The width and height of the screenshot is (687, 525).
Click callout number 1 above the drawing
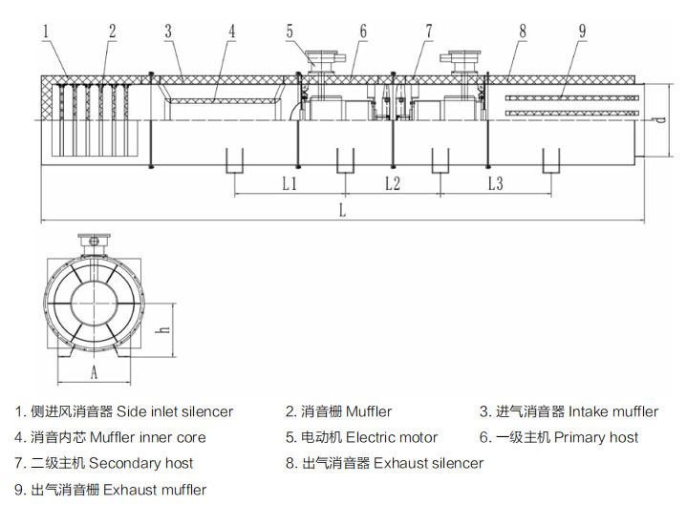click(45, 31)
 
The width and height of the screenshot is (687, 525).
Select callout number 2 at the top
click(112, 31)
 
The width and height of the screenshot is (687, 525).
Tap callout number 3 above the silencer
click(168, 31)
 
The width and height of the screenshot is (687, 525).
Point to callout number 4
click(231, 31)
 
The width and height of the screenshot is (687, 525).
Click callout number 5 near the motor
click(290, 31)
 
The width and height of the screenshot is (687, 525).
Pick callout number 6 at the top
click(363, 31)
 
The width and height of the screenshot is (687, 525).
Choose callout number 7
click(429, 31)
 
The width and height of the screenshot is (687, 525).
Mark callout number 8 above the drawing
click(523, 31)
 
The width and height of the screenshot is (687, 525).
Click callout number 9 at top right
click(582, 31)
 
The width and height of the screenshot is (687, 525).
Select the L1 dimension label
click(290, 183)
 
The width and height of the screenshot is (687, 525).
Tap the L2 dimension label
click(392, 183)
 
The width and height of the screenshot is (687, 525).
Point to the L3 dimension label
click(494, 183)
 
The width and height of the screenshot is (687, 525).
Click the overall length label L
click(343, 211)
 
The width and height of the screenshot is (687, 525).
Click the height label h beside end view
click(165, 328)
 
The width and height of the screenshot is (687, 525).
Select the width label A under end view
click(95, 371)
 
